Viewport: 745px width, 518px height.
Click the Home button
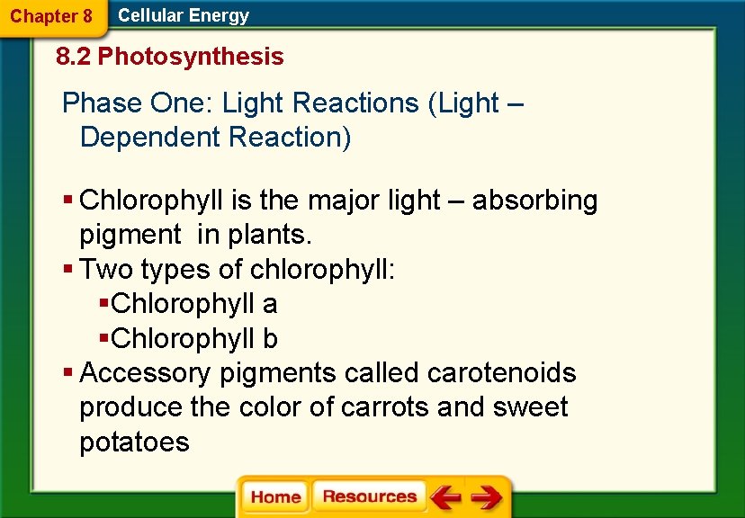click(x=275, y=497)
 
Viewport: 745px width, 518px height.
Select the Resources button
click(x=369, y=496)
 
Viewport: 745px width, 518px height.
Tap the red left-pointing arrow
click(x=445, y=497)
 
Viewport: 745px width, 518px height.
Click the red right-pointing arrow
click(x=487, y=497)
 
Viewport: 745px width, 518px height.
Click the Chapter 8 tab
click(x=51, y=16)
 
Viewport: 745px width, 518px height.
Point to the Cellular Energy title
click(x=184, y=15)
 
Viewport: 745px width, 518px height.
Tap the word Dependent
click(x=150, y=138)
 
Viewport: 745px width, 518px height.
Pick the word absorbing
click(x=534, y=201)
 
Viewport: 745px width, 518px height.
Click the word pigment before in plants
click(x=130, y=236)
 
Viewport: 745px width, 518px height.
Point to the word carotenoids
click(x=502, y=373)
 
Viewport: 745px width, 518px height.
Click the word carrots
click(x=385, y=407)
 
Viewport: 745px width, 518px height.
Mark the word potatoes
click(x=134, y=442)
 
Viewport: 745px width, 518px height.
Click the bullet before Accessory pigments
click(x=68, y=372)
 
